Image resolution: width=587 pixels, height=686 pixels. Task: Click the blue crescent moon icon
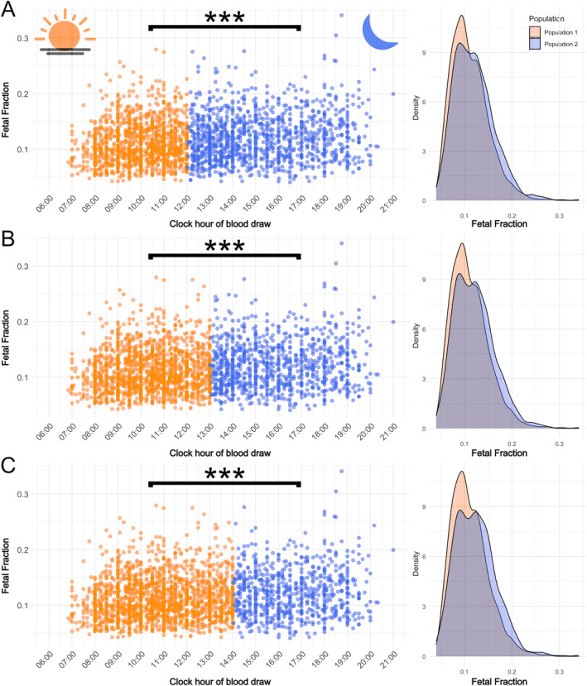380,31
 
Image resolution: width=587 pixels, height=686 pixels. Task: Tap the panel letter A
10,12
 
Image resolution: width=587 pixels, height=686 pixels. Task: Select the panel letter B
10,241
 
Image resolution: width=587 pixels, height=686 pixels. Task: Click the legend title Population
549,17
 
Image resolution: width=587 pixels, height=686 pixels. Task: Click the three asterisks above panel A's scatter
224,18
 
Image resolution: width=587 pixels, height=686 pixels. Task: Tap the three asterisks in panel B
224,247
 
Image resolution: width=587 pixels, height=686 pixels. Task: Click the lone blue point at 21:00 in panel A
393,94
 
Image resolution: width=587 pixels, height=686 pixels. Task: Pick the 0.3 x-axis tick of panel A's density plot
560,214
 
